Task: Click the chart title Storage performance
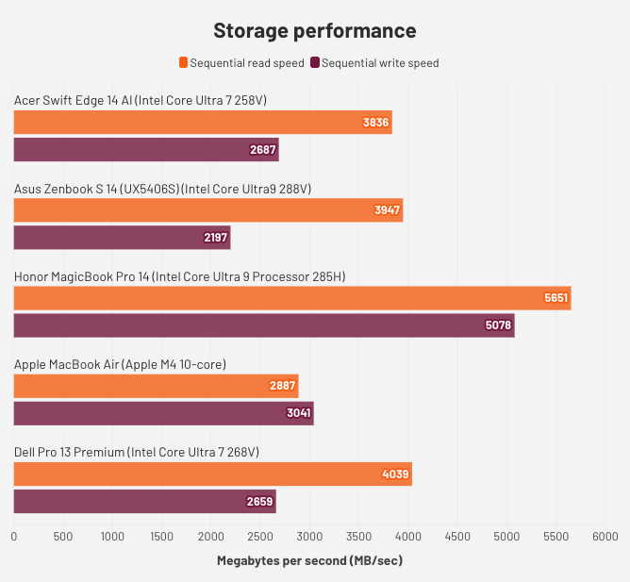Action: click(314, 30)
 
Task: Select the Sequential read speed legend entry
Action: click(242, 63)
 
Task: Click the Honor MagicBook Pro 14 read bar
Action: click(292, 298)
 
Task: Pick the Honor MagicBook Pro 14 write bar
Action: click(264, 326)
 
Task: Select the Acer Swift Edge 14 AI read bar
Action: click(203, 122)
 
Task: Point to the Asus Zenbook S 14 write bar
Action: click(122, 238)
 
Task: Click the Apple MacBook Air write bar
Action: click(163, 414)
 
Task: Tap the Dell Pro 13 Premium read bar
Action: click(212, 474)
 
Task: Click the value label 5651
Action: click(556, 298)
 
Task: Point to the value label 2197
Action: click(216, 238)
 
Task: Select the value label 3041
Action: click(299, 414)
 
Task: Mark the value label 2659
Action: click(261, 502)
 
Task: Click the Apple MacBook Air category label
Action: click(120, 364)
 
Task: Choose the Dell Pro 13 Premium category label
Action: click(136, 453)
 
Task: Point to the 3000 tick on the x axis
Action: click(309, 536)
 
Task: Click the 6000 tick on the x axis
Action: click(605, 536)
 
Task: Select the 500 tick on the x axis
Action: click(63, 536)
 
